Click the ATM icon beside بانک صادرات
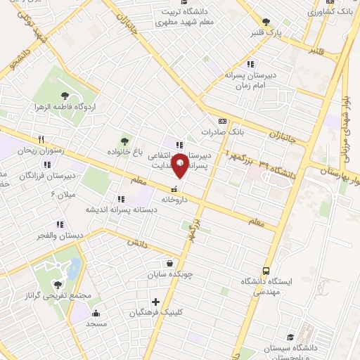[221, 120]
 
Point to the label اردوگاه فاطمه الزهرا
[71, 108]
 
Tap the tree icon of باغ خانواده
[126, 140]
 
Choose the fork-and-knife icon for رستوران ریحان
[41, 139]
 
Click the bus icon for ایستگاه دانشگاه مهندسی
[266, 270]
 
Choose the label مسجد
[96, 325]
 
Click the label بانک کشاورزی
[330, 12]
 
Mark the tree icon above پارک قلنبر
[265, 22]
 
